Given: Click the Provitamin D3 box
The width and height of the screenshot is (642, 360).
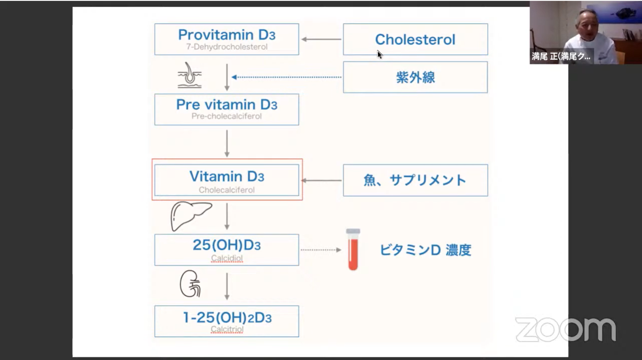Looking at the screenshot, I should [227, 39].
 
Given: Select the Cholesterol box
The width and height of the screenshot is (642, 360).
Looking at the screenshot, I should [415, 39].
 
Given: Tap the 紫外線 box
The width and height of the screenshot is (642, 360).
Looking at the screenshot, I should [415, 77].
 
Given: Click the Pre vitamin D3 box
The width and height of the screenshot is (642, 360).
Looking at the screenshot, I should [227, 109].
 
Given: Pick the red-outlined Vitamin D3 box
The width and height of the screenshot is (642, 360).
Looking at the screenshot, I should [227, 180].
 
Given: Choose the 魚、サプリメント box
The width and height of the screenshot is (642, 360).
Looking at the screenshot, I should [415, 180].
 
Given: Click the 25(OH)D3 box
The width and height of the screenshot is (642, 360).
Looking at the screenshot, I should [227, 250].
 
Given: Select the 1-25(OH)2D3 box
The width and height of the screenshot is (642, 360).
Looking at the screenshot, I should [227, 321].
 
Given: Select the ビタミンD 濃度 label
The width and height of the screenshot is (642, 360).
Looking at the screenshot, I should [425, 250].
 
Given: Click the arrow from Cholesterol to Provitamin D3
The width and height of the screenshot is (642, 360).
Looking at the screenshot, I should [321, 39].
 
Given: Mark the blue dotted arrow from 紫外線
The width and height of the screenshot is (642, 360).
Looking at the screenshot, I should [287, 77].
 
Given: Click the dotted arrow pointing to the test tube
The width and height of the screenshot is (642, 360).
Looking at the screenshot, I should [320, 250].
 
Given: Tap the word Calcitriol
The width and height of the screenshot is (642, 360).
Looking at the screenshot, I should [227, 330].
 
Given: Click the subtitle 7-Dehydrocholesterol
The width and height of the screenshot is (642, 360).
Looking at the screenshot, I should [227, 47].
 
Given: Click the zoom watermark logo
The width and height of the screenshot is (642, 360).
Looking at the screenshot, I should [565, 330].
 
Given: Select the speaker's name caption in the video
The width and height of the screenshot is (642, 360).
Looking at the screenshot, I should [561, 57].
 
